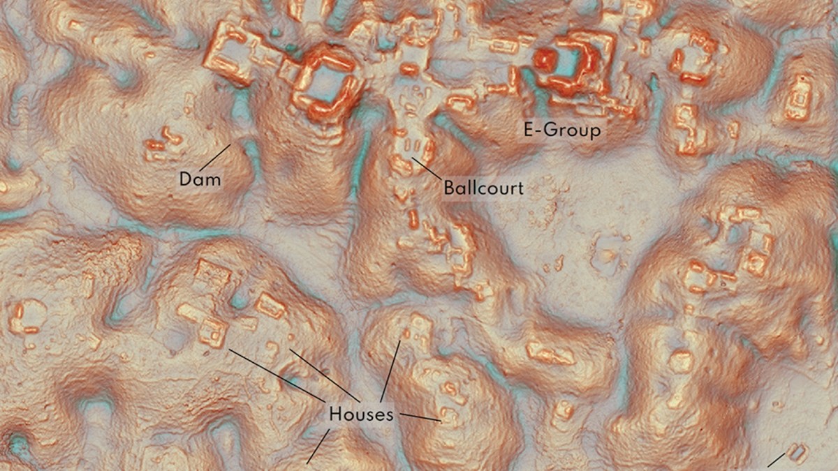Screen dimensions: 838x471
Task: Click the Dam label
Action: pyautogui.click(x=200, y=179)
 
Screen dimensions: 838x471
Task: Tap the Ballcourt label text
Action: pyautogui.click(x=483, y=188)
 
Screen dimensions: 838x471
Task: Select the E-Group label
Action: pyautogui.click(x=562, y=130)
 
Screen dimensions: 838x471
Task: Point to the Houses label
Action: pyautogui.click(x=361, y=414)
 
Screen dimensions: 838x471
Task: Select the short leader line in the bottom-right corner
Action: pyautogui.click(x=775, y=461)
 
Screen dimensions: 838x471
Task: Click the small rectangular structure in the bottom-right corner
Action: pyautogui.click(x=797, y=453)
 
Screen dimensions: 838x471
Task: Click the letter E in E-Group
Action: pyautogui.click(x=529, y=130)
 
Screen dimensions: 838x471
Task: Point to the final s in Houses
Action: pyautogui.click(x=389, y=415)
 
